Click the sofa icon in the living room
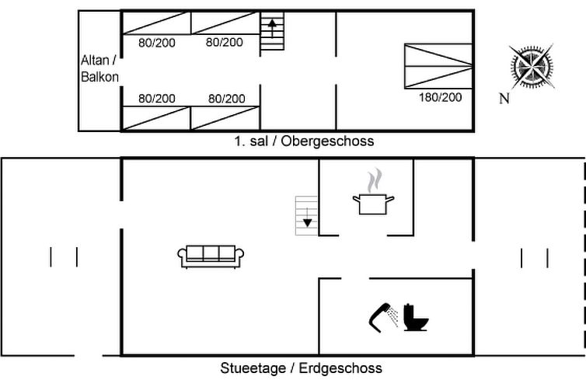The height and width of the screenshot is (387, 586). click(x=211, y=256)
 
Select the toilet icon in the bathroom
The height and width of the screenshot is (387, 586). click(x=415, y=318)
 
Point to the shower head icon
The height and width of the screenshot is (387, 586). click(x=384, y=318)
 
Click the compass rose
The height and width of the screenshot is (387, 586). click(x=532, y=68)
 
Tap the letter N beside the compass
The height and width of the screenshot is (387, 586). click(x=504, y=99)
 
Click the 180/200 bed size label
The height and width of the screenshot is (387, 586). click(x=440, y=97)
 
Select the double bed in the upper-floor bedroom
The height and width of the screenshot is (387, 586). click(x=438, y=66)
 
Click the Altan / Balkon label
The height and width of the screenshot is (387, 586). click(x=99, y=68)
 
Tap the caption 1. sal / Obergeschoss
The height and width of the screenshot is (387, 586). click(x=304, y=141)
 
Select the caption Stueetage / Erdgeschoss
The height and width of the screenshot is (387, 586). click(x=302, y=368)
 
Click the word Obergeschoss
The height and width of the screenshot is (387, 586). click(x=327, y=141)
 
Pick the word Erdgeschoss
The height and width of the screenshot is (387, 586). click(x=340, y=368)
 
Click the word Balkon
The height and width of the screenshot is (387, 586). click(x=99, y=77)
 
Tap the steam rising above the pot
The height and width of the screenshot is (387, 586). click(x=375, y=180)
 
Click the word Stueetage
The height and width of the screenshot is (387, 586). click(x=253, y=368)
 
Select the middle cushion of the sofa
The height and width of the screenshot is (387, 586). click(x=211, y=253)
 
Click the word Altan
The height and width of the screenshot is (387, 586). click(x=95, y=60)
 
